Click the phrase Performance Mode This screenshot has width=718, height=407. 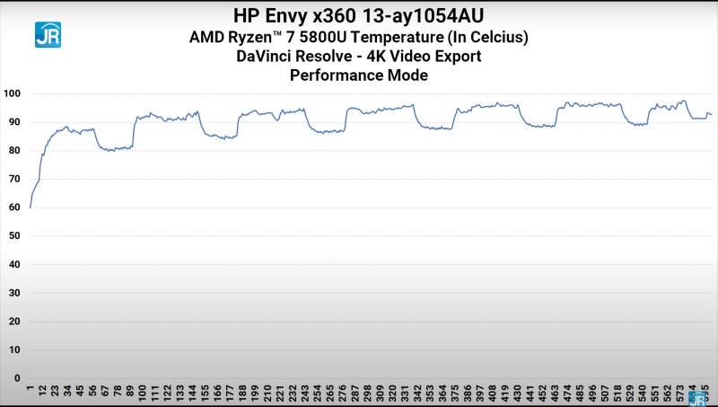pos(359,75)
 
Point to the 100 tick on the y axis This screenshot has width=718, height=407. pos(13,93)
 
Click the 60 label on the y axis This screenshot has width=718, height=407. pos(15,208)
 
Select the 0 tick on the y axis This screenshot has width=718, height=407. pos(18,378)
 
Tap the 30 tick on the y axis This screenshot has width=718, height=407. pos(15,293)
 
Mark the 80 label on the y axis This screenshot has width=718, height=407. pos(15,150)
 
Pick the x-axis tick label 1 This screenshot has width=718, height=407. pos(31,390)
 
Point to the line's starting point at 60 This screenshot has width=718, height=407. pos(31,208)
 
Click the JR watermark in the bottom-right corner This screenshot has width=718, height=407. pos(697,398)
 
